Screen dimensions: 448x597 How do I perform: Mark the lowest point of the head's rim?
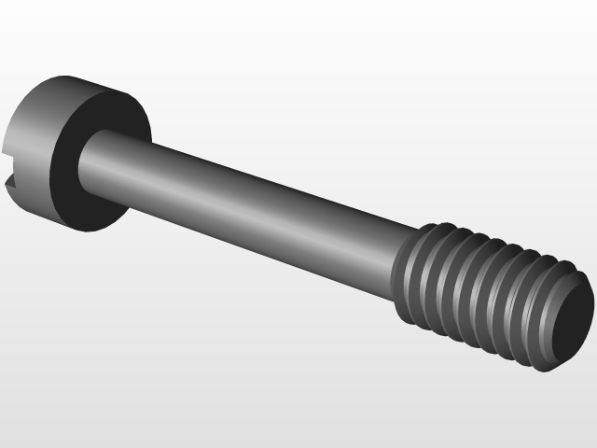tap(89, 229)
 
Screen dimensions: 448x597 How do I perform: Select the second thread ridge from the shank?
tap(431, 278)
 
